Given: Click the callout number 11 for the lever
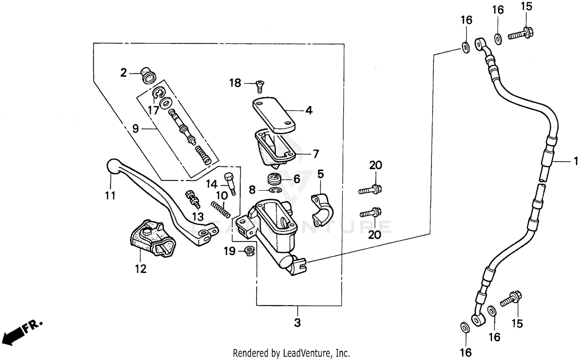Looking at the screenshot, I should point(110,195).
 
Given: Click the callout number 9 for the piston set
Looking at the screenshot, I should point(135,128).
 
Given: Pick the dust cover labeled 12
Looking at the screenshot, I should point(152,238).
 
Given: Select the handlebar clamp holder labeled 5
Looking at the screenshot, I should point(322,208).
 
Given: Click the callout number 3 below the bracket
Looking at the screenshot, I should point(297,323).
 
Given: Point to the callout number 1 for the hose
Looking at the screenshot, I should point(576,161).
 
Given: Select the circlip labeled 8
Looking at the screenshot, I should point(276,190).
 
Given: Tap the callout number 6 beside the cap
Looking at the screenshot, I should point(297,179).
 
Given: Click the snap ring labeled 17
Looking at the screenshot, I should point(158,93).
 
